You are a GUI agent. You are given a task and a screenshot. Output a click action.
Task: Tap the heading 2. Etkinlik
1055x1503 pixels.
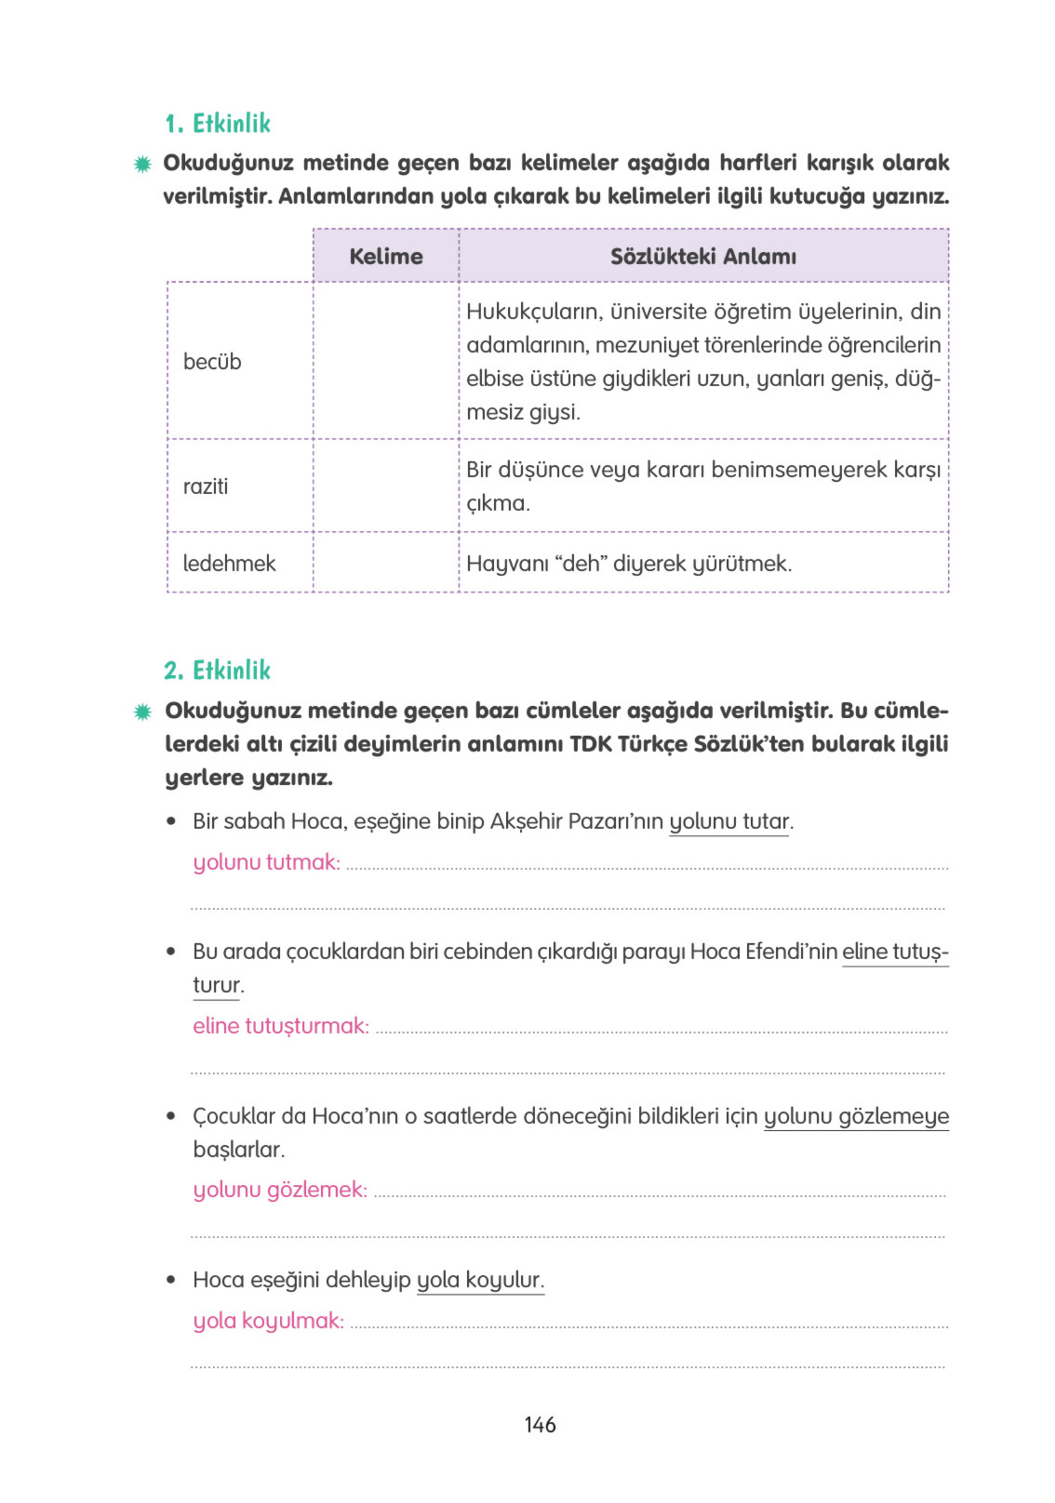[x=218, y=670]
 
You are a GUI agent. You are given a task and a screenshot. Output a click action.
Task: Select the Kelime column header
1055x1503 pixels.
[x=386, y=256]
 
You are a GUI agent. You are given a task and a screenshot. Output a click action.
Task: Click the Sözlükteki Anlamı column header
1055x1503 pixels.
[x=703, y=256]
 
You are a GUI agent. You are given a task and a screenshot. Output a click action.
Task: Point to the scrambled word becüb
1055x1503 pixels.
[x=212, y=362]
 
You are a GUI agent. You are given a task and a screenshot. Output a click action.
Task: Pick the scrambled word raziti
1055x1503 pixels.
[x=206, y=486]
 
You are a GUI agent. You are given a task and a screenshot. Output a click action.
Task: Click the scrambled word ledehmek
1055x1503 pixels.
[x=229, y=563]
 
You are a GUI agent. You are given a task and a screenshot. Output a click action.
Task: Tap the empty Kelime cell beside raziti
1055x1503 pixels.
[x=386, y=485]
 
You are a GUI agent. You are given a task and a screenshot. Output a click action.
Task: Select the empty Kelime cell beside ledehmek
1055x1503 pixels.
[x=386, y=562]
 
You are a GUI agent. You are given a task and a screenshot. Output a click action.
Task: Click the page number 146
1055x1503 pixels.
[x=540, y=1424]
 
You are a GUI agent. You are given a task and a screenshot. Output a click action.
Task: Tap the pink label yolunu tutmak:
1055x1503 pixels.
[x=267, y=862]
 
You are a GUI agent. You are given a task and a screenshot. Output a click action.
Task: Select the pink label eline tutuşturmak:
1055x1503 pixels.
[x=281, y=1025]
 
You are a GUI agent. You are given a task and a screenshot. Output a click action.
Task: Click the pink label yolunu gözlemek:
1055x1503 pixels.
[x=280, y=1189]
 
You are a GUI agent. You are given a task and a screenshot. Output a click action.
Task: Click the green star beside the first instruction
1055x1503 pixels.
[x=143, y=164]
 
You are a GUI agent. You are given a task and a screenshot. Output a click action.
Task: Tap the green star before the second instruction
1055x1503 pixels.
[x=143, y=712]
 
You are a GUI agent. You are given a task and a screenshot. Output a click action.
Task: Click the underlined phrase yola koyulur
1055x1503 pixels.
[x=480, y=1280]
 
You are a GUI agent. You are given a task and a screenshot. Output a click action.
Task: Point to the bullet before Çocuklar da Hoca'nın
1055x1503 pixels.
[x=171, y=1116]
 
